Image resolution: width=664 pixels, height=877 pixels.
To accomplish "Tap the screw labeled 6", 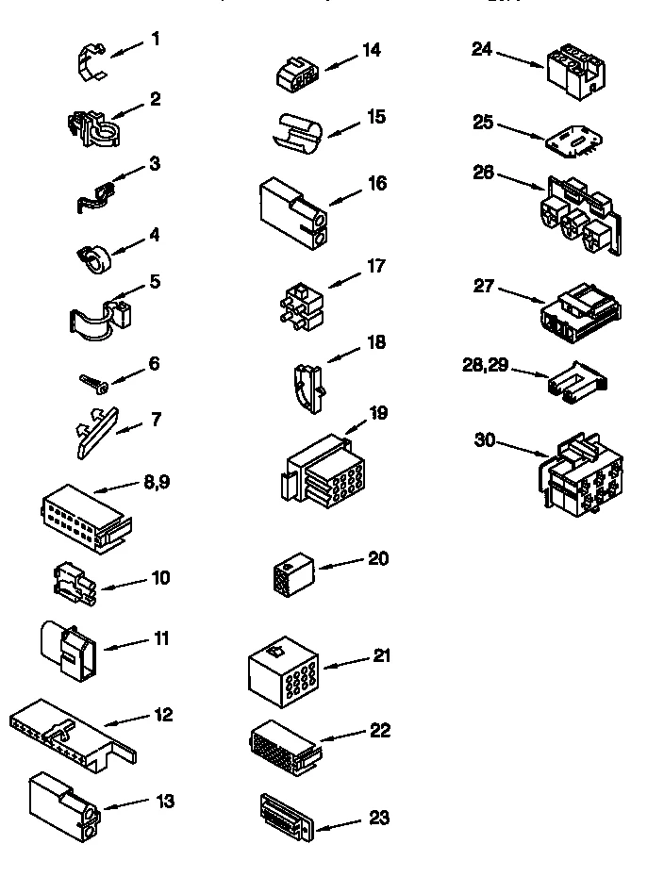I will (94, 381).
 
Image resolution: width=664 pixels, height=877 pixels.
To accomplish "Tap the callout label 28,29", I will (486, 365).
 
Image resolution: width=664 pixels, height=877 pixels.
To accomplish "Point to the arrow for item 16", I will (345, 194).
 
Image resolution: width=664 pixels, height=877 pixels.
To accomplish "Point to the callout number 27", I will (484, 285).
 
